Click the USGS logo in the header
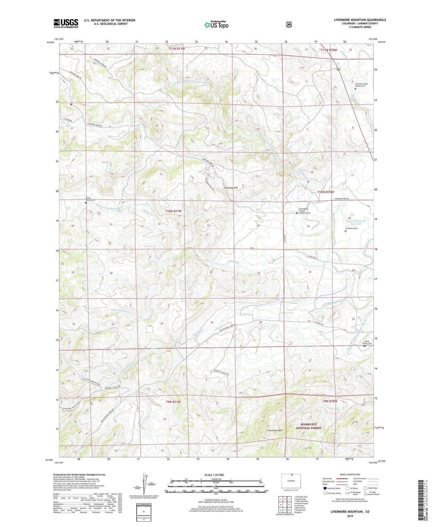point(66,23)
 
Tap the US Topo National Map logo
point(216,25)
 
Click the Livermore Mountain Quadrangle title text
point(360,20)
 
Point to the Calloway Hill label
point(231,188)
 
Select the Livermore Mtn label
point(274,430)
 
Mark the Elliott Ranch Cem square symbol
point(86,203)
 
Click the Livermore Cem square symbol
point(346,232)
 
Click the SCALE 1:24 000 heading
point(214,475)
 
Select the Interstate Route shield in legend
point(325,488)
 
